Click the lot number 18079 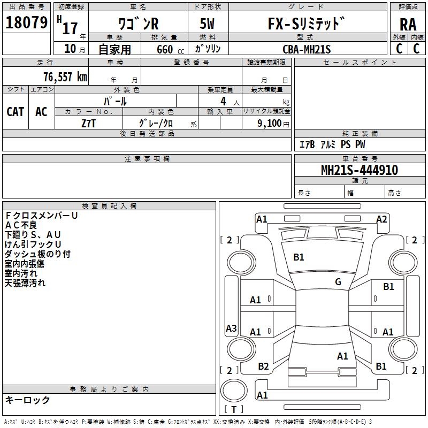26,22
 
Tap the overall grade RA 408,25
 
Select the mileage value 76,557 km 65,77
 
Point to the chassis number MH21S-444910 360,170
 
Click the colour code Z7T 88,124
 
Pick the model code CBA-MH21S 307,49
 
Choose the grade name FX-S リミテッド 306,24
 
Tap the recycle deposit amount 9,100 270,124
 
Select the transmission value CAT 16,112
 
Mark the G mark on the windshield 338,282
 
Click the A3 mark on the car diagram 231,328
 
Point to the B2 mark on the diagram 263,366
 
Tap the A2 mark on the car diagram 381,219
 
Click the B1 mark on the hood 299,257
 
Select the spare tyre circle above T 234,391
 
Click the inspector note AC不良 21,225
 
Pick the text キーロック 27,400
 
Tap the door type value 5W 207,24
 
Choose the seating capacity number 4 223,101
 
